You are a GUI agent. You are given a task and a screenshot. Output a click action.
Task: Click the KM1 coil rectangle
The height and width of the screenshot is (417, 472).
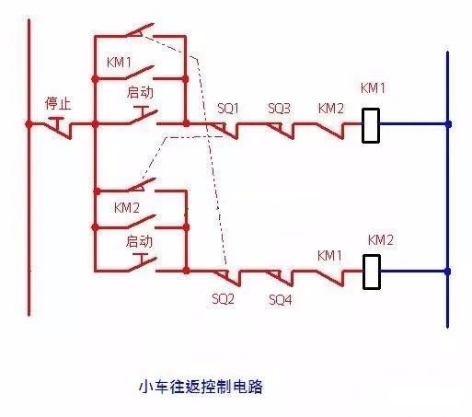pyautogui.click(x=371, y=125)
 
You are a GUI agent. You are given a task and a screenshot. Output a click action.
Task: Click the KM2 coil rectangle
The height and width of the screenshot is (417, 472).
pyautogui.click(x=372, y=272)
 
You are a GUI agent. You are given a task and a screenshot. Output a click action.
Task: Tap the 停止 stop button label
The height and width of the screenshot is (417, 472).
pyautogui.click(x=58, y=103)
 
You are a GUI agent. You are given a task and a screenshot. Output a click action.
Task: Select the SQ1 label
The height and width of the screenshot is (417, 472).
pyautogui.click(x=228, y=109)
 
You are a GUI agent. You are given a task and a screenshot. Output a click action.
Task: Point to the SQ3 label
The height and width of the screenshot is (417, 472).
pyautogui.click(x=279, y=109)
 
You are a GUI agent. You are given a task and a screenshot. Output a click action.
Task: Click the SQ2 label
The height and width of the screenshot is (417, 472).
pyautogui.click(x=223, y=298)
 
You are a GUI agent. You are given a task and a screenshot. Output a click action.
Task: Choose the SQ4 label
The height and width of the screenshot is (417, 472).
pyautogui.click(x=281, y=299)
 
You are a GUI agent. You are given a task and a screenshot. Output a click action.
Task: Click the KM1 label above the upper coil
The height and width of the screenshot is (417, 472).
pyautogui.click(x=373, y=88)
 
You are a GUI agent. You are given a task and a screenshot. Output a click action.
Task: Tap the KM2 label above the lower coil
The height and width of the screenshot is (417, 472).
pyautogui.click(x=381, y=240)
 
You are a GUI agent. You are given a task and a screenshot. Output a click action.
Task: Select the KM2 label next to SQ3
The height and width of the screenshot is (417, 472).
pyautogui.click(x=331, y=109)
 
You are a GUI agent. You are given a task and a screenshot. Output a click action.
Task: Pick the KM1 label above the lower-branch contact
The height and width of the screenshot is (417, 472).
pyautogui.click(x=329, y=256)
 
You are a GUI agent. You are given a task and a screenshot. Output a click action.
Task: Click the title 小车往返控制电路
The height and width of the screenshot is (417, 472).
pyautogui.click(x=201, y=387)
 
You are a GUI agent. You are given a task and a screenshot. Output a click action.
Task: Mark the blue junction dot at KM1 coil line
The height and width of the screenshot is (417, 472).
pyautogui.click(x=448, y=124)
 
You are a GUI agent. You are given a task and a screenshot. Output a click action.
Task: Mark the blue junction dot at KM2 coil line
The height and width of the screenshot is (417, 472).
pyautogui.click(x=447, y=272)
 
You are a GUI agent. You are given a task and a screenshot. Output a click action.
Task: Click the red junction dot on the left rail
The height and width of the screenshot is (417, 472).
pyautogui.click(x=29, y=124)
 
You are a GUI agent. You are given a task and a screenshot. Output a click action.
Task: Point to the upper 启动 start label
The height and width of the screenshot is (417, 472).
pyautogui.click(x=140, y=92)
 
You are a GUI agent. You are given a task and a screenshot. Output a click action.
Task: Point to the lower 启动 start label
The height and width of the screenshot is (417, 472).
pyautogui.click(x=139, y=241)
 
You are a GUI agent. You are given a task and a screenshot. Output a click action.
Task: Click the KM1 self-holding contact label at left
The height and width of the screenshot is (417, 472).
pyautogui.click(x=119, y=63)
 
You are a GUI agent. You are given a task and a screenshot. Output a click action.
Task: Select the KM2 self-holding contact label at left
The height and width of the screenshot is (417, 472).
pyautogui.click(x=127, y=208)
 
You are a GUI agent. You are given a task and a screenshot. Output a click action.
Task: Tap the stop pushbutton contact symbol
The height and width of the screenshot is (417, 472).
pyautogui.click(x=58, y=128)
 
